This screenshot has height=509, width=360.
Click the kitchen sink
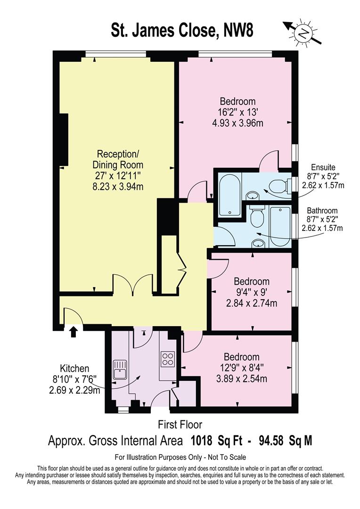pos(120,369)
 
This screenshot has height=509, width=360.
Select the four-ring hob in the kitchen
pos(167,360)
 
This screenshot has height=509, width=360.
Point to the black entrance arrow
pos(73,332)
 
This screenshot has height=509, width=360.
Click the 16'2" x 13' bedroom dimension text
pos(237,113)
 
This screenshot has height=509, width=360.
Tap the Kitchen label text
pos(74,368)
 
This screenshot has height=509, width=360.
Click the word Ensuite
pos(323,167)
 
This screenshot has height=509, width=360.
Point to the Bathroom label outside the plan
pos(323,211)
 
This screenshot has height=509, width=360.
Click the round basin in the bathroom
pos(257,242)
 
